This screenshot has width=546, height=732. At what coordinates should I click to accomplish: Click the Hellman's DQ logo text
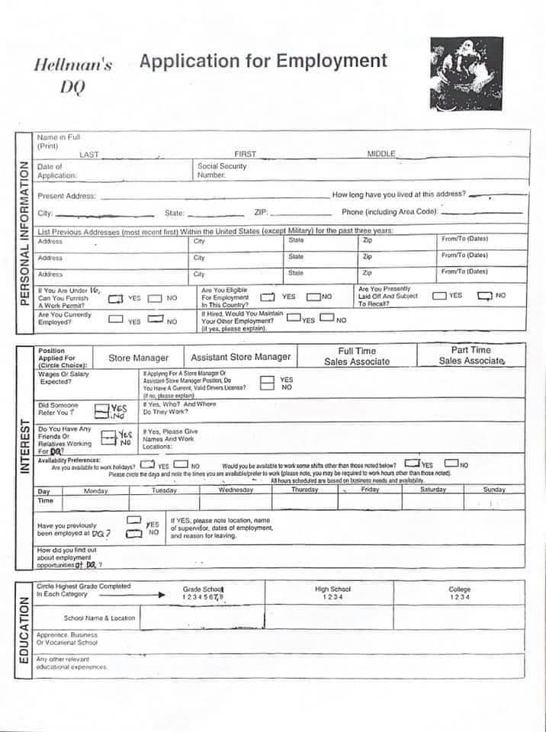point(73,75)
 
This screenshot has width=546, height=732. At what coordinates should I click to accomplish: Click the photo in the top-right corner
point(467,74)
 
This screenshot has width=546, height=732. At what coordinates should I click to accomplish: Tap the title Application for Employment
point(263,61)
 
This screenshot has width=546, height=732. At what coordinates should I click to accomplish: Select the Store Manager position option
point(138,358)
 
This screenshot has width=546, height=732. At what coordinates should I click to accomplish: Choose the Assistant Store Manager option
point(240,357)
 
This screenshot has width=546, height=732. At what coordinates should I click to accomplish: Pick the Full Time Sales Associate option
point(357,356)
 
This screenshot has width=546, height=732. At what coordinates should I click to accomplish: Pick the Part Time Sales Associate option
point(471,355)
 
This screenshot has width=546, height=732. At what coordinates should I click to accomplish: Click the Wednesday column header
point(236,490)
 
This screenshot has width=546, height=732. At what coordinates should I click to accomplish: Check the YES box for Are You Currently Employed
point(116,319)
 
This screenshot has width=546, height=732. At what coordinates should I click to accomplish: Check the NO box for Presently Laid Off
point(484,296)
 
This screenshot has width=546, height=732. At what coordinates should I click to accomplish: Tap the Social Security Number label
point(222,170)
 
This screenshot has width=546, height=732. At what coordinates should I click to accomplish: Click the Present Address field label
point(66,196)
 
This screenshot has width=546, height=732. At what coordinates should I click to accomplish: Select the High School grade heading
point(332,589)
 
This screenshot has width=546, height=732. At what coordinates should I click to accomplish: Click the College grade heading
point(460,589)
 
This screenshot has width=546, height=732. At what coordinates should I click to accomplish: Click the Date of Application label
point(57,171)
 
